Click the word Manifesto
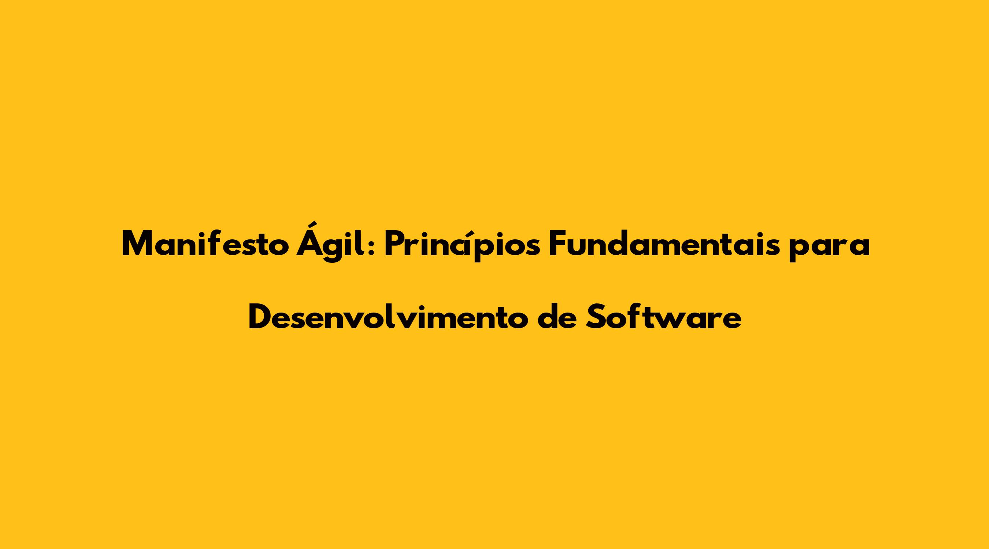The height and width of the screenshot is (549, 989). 205,244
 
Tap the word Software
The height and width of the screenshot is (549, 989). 663,317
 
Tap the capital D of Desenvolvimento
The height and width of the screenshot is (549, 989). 261,317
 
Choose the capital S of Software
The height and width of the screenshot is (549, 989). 596,317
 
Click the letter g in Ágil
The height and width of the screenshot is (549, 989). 337,250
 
